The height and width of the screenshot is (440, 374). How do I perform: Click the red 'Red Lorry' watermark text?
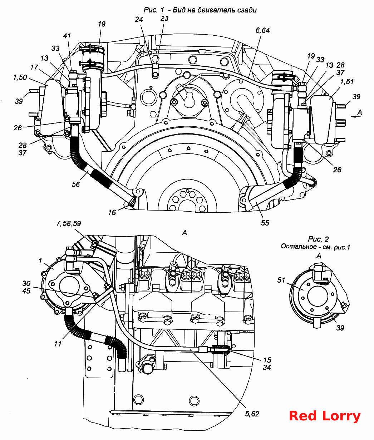[x=325, y=416]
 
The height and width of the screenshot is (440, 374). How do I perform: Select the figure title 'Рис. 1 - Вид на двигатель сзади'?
[x=200, y=10]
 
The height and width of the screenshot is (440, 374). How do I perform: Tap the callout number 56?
[x=75, y=184]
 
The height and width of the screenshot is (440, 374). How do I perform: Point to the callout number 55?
[x=265, y=223]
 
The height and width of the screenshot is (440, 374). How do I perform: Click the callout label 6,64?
[x=262, y=31]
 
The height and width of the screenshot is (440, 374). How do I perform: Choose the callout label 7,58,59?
[x=69, y=223]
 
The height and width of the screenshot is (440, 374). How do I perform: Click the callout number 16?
[x=112, y=212]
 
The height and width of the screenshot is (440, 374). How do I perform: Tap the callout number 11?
[x=58, y=344]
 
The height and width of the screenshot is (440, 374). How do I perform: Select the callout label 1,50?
[x=20, y=77]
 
